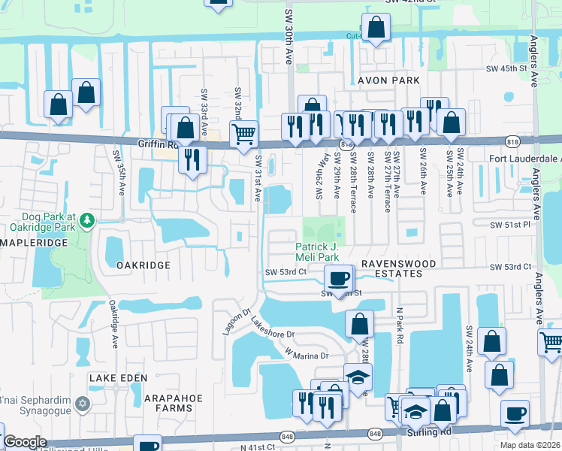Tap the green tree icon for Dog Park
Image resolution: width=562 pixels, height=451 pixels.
coord(88,220)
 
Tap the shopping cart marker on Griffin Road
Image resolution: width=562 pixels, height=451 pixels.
coord(243,135)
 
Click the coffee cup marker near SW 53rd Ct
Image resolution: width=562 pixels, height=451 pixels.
coord(339,277)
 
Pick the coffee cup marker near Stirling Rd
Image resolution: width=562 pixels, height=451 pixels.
coord(515,413)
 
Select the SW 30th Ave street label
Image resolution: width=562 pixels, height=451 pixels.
coord(288,34)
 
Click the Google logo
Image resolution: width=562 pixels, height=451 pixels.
coord(24,442)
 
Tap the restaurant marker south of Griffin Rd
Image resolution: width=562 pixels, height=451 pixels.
coord(192,159)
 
